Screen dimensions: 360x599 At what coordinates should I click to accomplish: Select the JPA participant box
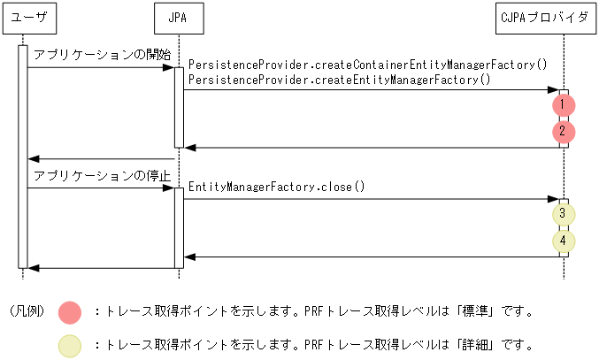[178, 18]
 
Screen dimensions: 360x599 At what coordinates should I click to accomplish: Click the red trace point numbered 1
[563, 105]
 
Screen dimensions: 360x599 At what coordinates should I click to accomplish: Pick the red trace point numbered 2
[563, 133]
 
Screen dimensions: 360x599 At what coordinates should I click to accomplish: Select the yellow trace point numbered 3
[563, 214]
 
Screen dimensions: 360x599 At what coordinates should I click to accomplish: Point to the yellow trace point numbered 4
[563, 241]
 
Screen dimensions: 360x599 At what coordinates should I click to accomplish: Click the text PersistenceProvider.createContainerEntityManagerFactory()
[368, 65]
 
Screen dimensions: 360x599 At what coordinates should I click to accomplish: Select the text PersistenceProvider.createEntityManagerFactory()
[340, 80]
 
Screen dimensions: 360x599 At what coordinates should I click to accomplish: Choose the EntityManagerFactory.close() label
[277, 188]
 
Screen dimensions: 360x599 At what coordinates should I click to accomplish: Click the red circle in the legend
[70, 311]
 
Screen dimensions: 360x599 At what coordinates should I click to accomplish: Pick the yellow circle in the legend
[70, 345]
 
